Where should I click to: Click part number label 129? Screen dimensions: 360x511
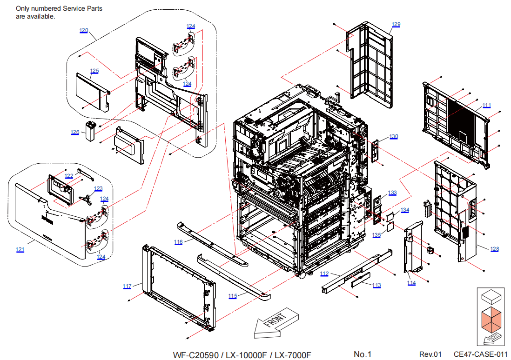click(396, 25)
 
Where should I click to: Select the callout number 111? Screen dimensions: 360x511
click(486, 105)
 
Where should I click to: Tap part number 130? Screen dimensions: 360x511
click(394, 136)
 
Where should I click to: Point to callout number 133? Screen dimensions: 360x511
click(392, 193)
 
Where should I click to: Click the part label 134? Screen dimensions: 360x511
click(405, 210)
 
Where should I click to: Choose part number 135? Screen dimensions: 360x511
click(377, 235)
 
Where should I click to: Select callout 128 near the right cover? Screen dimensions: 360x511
click(494, 249)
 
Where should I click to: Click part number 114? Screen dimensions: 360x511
click(411, 283)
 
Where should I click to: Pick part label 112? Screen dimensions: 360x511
click(324, 273)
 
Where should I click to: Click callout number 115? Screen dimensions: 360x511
click(233, 296)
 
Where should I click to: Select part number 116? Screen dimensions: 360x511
click(179, 242)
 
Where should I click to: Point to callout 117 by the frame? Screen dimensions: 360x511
click(127, 286)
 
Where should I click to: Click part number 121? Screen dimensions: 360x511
click(20, 250)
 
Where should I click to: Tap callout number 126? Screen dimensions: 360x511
click(75, 132)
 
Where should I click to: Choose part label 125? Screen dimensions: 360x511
click(94, 71)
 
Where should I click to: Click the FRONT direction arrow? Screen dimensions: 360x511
click(276, 322)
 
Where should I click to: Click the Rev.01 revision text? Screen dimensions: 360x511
click(430, 354)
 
